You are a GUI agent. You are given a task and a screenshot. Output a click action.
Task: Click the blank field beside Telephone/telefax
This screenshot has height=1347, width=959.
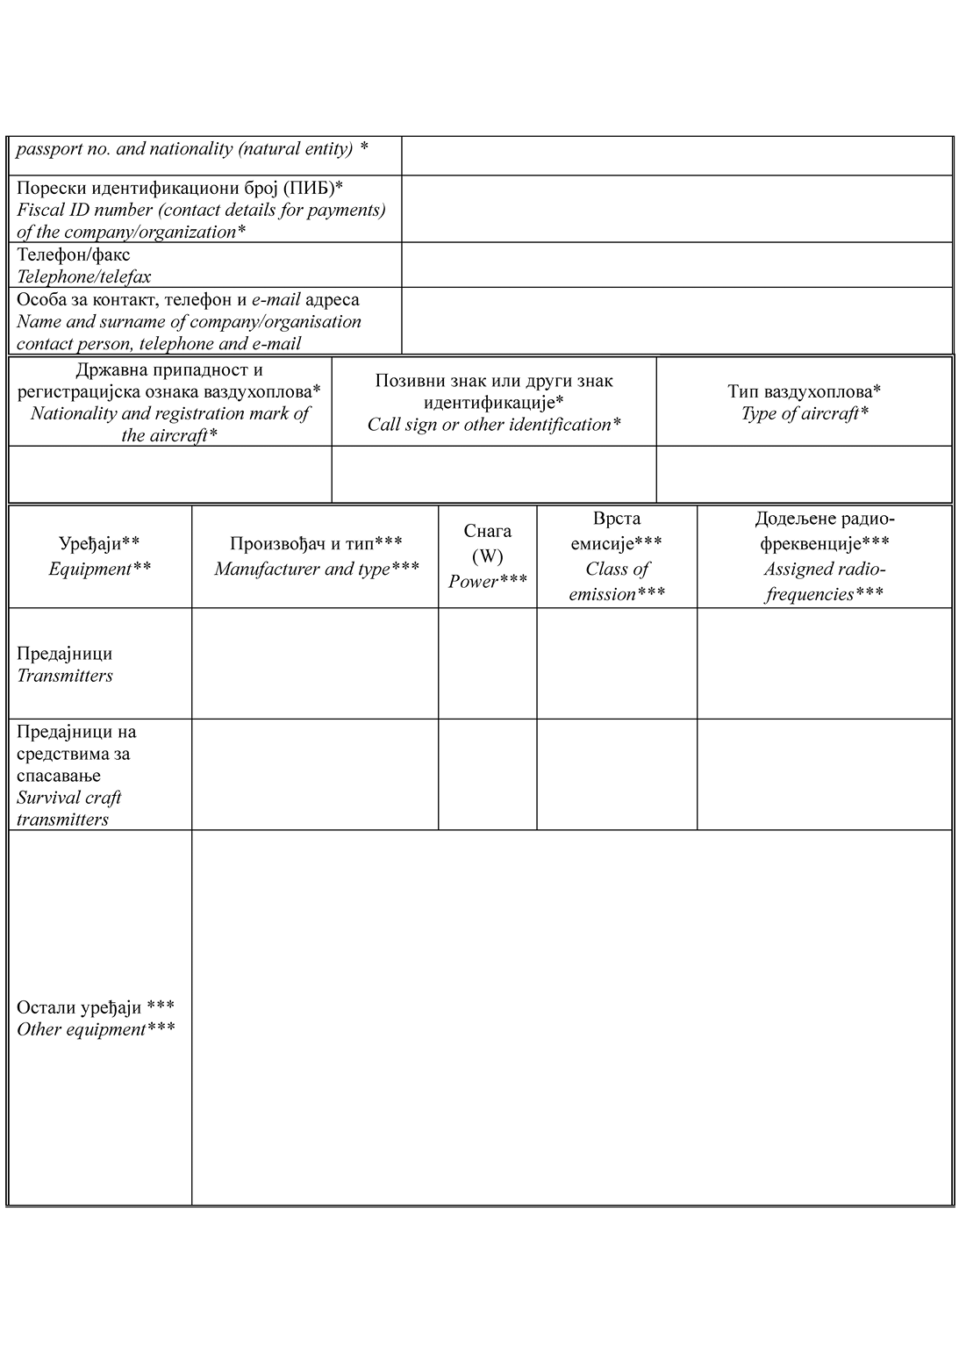pyautogui.click(x=676, y=265)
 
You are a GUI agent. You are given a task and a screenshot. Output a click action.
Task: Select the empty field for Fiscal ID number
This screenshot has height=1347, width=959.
pyautogui.click(x=676, y=209)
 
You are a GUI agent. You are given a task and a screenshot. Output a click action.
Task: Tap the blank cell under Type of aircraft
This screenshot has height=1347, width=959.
pyautogui.click(x=804, y=474)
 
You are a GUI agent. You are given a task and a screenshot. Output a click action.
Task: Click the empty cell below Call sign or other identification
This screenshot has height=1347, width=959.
pyautogui.click(x=494, y=474)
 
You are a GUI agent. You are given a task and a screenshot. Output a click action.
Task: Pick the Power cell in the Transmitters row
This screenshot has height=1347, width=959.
pyautogui.click(x=488, y=663)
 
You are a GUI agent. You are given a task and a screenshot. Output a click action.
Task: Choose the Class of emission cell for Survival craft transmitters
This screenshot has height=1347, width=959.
pyautogui.click(x=617, y=775)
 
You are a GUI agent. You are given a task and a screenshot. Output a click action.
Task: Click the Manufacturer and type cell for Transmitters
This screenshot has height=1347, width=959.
pyautogui.click(x=315, y=663)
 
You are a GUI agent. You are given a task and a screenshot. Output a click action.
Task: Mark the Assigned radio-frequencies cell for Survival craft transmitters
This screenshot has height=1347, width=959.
pyautogui.click(x=824, y=775)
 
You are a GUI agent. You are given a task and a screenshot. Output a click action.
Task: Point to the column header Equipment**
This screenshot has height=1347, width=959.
pyautogui.click(x=99, y=569)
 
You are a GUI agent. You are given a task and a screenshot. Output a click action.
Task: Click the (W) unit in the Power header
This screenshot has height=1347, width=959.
pyautogui.click(x=488, y=556)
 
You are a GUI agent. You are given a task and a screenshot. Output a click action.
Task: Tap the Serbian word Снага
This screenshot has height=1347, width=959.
pyautogui.click(x=488, y=531)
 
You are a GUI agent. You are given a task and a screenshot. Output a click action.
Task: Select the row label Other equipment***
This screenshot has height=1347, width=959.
pyautogui.click(x=96, y=1029)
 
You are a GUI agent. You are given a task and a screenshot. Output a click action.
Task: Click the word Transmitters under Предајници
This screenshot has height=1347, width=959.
pyautogui.click(x=65, y=676)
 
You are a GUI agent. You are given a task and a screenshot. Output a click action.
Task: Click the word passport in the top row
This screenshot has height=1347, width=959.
pyautogui.click(x=46, y=149)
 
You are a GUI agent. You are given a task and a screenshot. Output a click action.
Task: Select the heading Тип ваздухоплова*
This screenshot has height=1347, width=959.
pyautogui.click(x=804, y=390)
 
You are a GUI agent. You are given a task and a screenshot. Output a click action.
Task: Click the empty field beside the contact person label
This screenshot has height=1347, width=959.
pyautogui.click(x=676, y=321)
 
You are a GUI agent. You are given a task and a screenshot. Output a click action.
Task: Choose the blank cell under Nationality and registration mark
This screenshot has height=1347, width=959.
pyautogui.click(x=170, y=474)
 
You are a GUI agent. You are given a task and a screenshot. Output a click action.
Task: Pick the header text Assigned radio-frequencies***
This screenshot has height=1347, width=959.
pyautogui.click(x=824, y=581)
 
